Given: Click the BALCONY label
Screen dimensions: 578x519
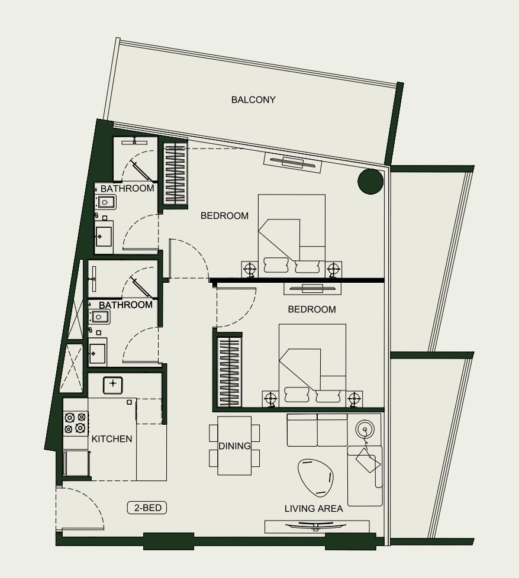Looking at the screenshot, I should click(253, 100).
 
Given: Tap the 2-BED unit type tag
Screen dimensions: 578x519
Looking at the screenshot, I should click(147, 508).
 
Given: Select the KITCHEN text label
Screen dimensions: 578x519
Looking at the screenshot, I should click(112, 439).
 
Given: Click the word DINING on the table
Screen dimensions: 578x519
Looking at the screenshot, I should click(234, 446).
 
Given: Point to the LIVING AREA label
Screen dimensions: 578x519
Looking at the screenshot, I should click(314, 509).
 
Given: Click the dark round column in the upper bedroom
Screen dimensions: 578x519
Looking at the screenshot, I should click(370, 182).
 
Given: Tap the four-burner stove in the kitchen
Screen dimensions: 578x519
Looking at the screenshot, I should click(75, 423).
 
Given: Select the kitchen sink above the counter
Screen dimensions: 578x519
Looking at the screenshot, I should click(113, 385).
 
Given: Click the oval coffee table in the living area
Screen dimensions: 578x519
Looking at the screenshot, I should click(315, 477).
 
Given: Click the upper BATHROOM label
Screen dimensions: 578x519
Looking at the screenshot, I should click(127, 189).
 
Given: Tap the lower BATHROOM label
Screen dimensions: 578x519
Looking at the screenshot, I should click(125, 305).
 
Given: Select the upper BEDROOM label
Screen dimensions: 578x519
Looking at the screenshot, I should click(224, 216).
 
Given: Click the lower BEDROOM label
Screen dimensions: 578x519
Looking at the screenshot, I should click(311, 309).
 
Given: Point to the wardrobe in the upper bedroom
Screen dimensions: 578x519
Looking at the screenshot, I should click(175, 175).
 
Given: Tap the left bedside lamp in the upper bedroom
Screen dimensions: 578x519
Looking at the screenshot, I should click(250, 269).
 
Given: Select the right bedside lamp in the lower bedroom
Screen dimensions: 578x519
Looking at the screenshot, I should click(354, 398).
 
